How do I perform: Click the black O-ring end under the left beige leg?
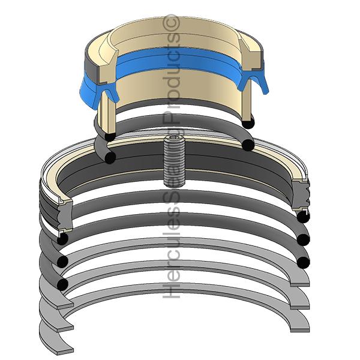coord(109,137)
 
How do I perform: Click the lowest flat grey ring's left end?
coord(57,342)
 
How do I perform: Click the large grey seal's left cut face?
coord(56,204)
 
